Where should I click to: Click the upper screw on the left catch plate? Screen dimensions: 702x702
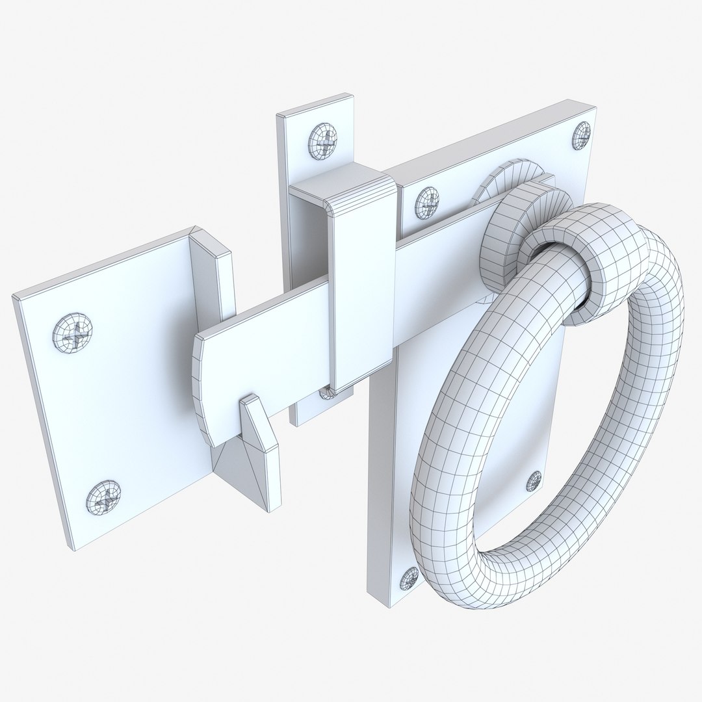coord(72,333)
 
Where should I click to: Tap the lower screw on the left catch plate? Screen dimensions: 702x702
coord(103,498)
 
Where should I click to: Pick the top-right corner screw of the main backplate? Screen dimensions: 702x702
coord(582,134)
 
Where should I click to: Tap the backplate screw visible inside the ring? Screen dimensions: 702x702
coord(534,480)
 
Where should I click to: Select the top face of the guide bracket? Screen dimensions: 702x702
coord(341,182)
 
